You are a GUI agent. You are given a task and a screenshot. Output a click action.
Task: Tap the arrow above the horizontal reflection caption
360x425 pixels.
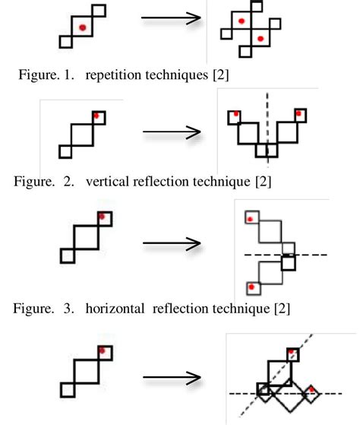tap(171, 244)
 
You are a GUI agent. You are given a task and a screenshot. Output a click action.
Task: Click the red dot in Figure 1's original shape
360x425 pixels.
tap(82, 27)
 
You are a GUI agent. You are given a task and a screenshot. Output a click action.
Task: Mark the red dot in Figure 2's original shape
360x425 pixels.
tap(97, 115)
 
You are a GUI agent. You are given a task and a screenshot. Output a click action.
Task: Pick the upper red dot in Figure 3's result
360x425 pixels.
tap(248, 216)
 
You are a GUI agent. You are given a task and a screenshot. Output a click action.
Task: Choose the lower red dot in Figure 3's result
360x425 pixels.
tap(250, 287)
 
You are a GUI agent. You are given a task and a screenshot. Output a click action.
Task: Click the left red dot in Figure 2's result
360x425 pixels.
tap(236, 114)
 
